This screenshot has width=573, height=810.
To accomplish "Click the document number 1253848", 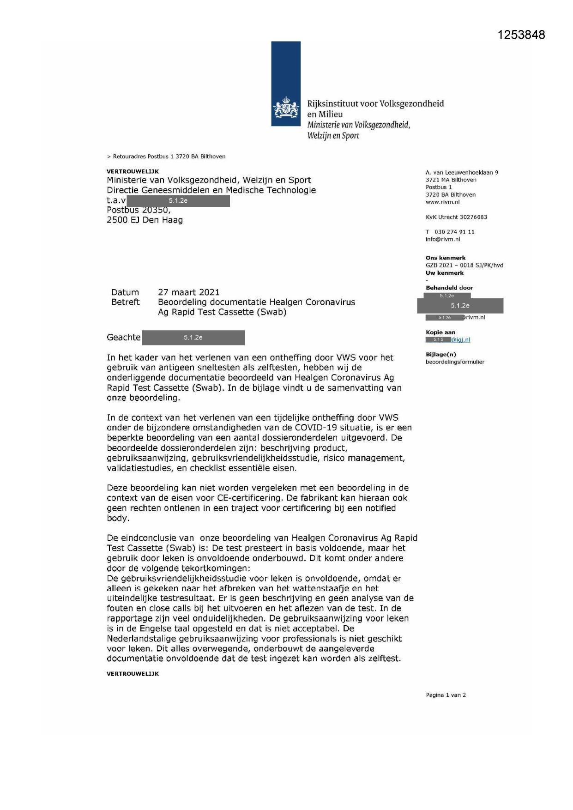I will [521, 35].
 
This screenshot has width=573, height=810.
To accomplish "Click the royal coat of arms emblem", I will [286, 109].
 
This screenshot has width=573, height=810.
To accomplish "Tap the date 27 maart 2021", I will [188, 292].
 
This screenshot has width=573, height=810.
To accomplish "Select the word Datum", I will [125, 292].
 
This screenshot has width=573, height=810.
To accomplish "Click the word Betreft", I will [125, 302].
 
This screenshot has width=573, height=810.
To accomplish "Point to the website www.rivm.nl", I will [442, 202].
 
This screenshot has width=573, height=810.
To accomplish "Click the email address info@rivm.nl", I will [442, 239].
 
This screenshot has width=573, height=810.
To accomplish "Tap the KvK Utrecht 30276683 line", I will [456, 217].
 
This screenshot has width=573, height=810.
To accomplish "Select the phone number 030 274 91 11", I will [454, 232].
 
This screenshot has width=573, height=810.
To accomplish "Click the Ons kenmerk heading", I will [445, 258].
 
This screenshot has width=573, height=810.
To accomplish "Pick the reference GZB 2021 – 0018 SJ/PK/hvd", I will [464, 266].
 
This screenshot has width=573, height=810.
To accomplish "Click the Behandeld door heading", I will [449, 288].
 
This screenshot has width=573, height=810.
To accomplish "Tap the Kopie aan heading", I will [440, 332].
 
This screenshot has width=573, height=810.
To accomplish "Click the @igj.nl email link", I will [460, 340].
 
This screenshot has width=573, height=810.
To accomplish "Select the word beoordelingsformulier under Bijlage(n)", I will [455, 362].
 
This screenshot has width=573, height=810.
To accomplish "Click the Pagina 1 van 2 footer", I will [446, 695].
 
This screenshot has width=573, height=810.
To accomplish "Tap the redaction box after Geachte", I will [193, 338].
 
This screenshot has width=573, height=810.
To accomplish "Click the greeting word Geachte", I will [123, 338].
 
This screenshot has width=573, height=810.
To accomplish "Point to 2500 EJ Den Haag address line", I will [145, 220].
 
